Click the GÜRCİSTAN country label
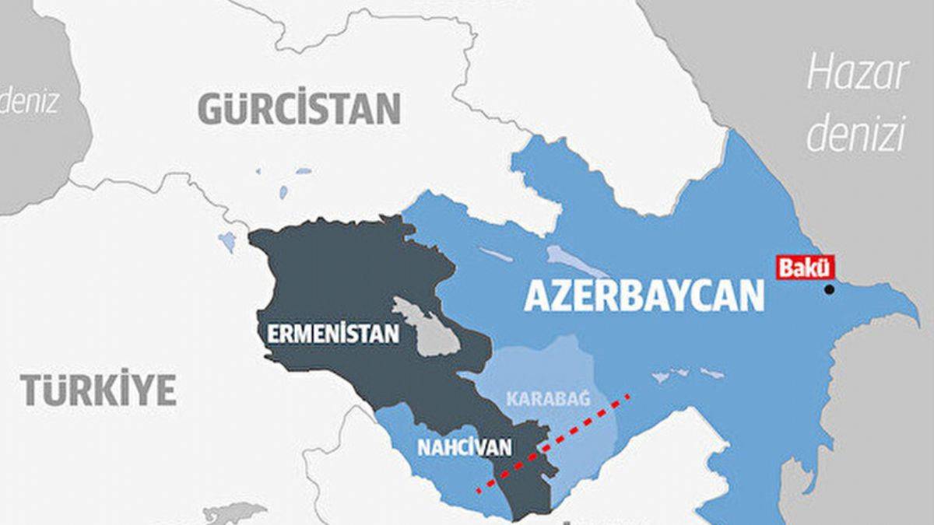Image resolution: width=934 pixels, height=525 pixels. (x=300, y=108)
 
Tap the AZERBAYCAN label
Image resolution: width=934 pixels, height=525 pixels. (x=644, y=296)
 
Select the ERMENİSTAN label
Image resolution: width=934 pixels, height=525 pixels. (x=333, y=334)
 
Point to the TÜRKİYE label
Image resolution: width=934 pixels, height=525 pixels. (x=99, y=390)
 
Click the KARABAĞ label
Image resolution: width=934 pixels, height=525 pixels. (x=548, y=399)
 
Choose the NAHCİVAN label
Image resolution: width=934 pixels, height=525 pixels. (x=465, y=448)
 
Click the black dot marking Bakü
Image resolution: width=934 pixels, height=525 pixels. (x=829, y=289)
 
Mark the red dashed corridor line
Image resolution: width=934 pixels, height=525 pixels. (x=554, y=443)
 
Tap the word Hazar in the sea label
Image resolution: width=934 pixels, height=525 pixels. (x=857, y=75)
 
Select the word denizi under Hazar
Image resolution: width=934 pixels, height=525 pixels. (x=857, y=133)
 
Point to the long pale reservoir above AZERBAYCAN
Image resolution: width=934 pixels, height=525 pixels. (x=577, y=261)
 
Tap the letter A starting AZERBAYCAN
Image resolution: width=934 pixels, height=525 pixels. (x=537, y=296)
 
